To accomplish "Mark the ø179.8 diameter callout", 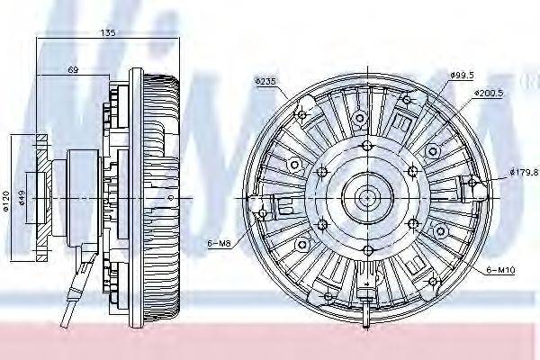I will (523, 172).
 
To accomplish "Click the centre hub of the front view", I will (367, 196).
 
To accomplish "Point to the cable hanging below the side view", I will (69, 297).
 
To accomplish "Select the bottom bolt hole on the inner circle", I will (367, 247).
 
